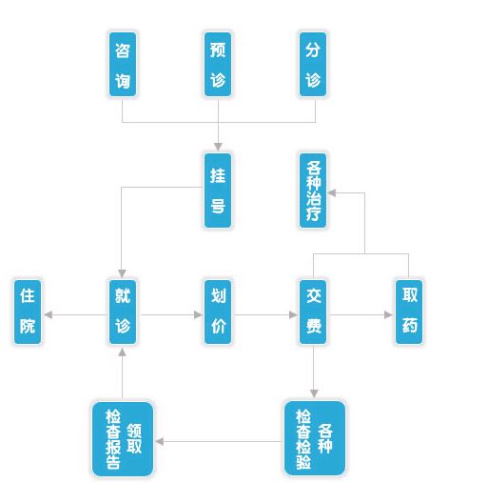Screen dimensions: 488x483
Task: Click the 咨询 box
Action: pyautogui.click(x=123, y=64)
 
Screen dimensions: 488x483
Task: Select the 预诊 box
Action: pyautogui.click(x=218, y=64)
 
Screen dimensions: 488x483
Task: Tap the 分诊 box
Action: pyautogui.click(x=313, y=64)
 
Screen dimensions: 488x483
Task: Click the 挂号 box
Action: pyautogui.click(x=218, y=191)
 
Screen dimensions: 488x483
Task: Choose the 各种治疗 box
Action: pyautogui.click(x=313, y=191)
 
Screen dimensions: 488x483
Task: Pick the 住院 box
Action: pyautogui.click(x=28, y=312)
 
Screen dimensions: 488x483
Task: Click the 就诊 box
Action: pyautogui.click(x=123, y=312)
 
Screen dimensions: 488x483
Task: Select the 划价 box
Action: pyautogui.click(x=218, y=312)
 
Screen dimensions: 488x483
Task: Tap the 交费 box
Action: pyautogui.click(x=313, y=312)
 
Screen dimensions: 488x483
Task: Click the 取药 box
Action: pyautogui.click(x=409, y=312)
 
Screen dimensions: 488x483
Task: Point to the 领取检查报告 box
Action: pyautogui.click(x=123, y=439)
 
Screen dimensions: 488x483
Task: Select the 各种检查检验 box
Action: pyautogui.click(x=315, y=438)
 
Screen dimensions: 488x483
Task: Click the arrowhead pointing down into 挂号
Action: pyautogui.click(x=218, y=147)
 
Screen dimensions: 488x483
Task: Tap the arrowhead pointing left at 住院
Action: pyautogui.click(x=49, y=314)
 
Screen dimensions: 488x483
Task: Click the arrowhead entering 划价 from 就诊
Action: pyautogui.click(x=198, y=314)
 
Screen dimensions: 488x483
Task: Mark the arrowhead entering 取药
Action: pyautogui.click(x=388, y=314)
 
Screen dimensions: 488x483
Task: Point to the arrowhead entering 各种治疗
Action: pyautogui.click(x=332, y=192)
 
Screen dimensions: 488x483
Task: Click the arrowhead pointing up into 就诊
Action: pyautogui.click(x=122, y=352)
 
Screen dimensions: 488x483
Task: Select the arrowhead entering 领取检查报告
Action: pyautogui.click(x=160, y=441)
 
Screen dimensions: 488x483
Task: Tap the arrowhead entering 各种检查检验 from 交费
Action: pyautogui.click(x=314, y=393)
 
